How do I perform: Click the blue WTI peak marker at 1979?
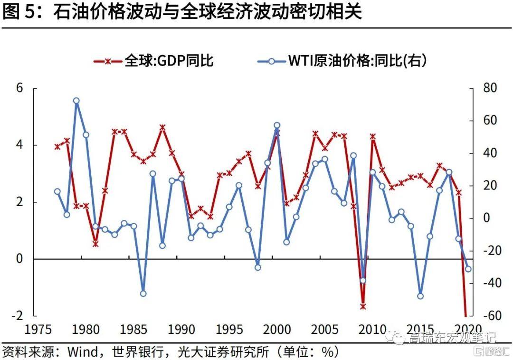(x=76, y=101)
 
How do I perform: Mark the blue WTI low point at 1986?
(x=143, y=294)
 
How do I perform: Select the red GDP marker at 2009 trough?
(x=363, y=306)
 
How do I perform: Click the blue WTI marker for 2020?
(x=468, y=269)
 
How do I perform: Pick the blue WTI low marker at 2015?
(x=420, y=296)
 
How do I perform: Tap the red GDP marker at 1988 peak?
(x=162, y=127)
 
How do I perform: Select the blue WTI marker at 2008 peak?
(x=353, y=155)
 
